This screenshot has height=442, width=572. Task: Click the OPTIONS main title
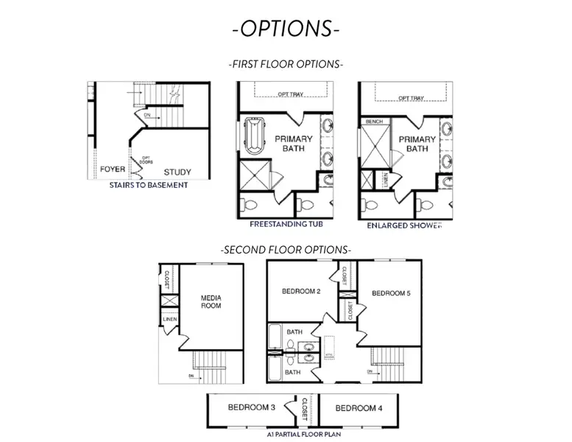[x=286, y=29]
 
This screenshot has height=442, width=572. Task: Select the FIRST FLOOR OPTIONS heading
[x=286, y=64]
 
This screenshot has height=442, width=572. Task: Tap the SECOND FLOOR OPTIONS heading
[x=286, y=250]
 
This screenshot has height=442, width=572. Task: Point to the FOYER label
[x=113, y=169]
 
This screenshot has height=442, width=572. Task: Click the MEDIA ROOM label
[x=211, y=301]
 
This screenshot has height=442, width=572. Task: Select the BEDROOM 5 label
[x=391, y=293]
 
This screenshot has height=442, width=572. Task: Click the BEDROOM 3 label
[x=251, y=407]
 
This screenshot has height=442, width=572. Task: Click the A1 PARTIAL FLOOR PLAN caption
[x=303, y=435]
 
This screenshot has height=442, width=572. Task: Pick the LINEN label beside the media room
[x=170, y=320]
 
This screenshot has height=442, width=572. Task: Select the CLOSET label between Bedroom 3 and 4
[x=305, y=407]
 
